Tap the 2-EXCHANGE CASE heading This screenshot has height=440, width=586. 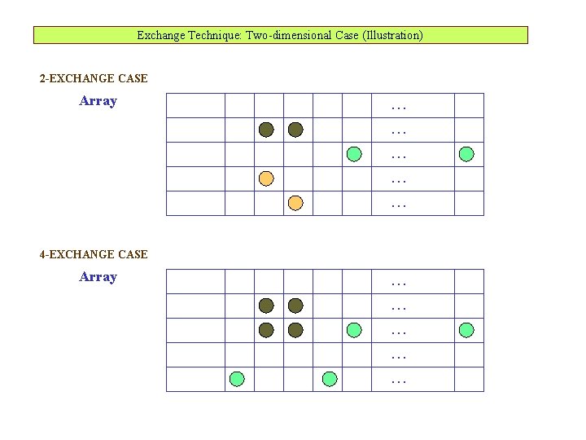tap(94, 79)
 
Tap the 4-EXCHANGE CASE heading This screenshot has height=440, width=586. tap(94, 255)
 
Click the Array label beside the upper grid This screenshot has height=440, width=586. tap(98, 101)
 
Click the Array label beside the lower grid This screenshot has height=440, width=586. tap(98, 277)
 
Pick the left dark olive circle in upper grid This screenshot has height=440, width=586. tap(266, 130)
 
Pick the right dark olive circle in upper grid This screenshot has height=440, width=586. tap(295, 130)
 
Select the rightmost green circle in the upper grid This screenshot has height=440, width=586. tap(466, 153)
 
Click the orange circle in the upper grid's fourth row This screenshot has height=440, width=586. tap(266, 178)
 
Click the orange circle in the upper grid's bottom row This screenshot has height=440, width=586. tap(295, 202)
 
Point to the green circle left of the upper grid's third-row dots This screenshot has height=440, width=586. tap(354, 153)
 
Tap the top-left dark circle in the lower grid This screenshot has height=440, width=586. tap(266, 306)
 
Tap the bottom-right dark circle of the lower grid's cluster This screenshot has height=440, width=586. tap(295, 330)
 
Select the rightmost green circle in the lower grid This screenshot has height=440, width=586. tap(466, 330)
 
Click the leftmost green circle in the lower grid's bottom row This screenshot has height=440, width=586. tap(237, 378)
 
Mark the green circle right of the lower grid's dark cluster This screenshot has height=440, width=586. tap(354, 330)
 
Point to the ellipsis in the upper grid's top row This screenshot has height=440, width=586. tap(399, 107)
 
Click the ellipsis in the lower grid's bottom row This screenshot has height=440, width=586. tap(399, 381)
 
